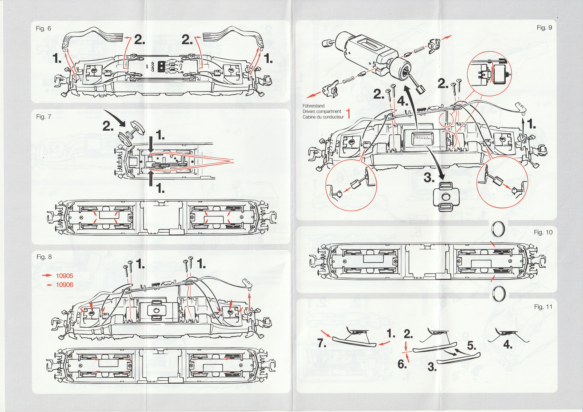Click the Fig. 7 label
[x=44, y=117]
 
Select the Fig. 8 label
[x=44, y=257]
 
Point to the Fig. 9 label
[x=544, y=28]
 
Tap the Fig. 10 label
[x=543, y=232]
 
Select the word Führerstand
[x=313, y=106]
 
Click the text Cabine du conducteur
[x=323, y=117]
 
